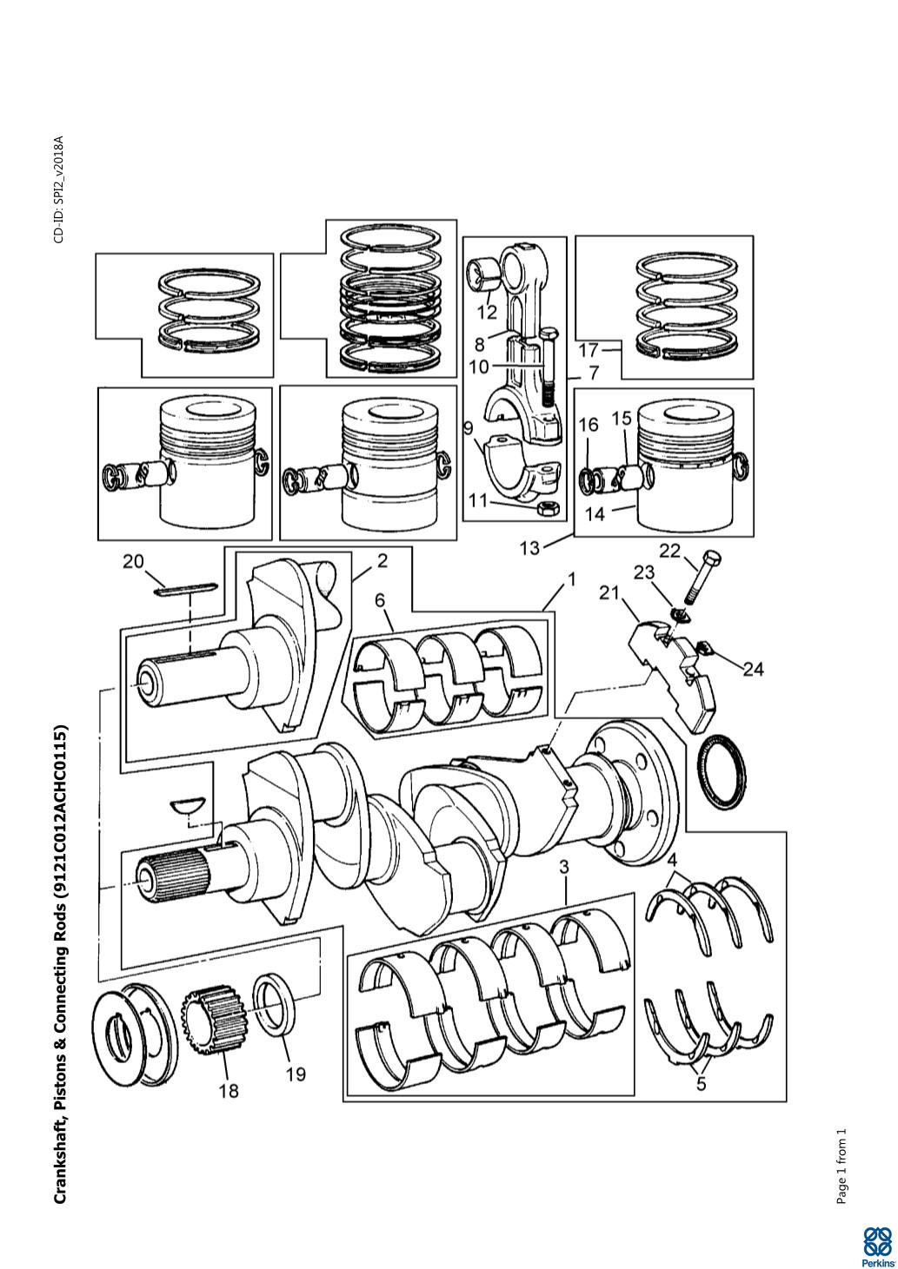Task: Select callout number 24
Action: point(754,670)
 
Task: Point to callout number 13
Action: point(530,548)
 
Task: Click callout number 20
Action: point(135,561)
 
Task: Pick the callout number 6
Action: point(380,600)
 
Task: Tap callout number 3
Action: point(563,868)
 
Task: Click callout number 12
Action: point(487,312)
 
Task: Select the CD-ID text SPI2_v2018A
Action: point(59,189)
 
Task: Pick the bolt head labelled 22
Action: point(711,560)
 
